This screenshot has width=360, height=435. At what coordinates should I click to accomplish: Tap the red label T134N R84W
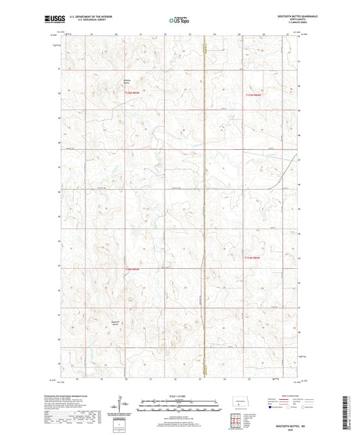[251, 95]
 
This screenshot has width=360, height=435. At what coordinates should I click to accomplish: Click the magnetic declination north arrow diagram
[122, 405]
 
